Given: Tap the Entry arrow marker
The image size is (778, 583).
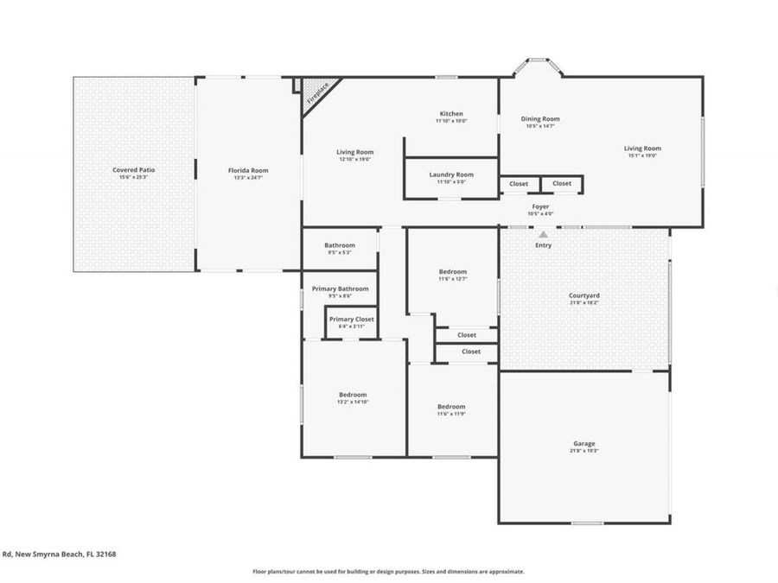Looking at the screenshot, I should tap(543, 234).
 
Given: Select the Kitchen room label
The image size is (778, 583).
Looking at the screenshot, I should tap(451, 114).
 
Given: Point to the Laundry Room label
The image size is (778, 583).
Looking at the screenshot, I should tap(451, 174).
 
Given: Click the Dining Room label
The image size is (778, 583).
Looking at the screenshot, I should tap(540, 119).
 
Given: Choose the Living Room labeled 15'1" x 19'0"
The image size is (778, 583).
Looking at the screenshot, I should tap(642, 149).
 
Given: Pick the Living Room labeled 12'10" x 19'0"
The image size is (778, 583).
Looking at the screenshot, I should tap(354, 152).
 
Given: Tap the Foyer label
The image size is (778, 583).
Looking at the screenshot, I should tap(540, 206).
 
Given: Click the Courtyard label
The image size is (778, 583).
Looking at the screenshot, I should tap(584, 295).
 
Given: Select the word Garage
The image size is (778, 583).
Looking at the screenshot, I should tap(584, 444).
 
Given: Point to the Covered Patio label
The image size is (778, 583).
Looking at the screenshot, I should tap(134, 170).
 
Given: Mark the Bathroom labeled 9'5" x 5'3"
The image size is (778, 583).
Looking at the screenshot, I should tap(340, 245).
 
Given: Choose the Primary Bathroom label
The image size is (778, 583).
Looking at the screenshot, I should tap(340, 288).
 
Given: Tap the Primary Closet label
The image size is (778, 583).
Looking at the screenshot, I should tap(352, 320).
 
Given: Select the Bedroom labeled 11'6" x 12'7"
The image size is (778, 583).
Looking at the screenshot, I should tap(452, 271).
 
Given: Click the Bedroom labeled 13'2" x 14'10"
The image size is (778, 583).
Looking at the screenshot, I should tap(353, 395).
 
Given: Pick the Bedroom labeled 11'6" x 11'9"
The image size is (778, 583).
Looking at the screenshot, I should tap(451, 407).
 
